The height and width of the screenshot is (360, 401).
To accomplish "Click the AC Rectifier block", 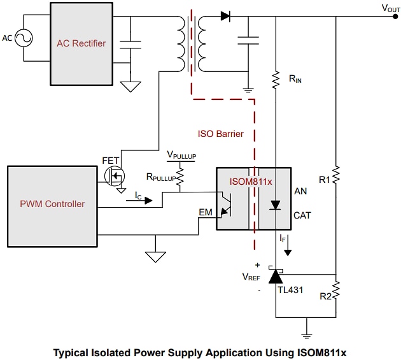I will tap(81, 44).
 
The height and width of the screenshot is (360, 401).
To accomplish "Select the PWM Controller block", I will tap(53, 204).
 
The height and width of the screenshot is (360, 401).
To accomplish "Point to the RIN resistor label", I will tap(295, 78).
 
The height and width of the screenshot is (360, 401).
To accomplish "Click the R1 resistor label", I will tap(325, 180).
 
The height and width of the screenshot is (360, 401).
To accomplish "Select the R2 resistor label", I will tap(325, 296).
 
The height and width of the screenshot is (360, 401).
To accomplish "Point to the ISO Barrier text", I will tap(221, 134).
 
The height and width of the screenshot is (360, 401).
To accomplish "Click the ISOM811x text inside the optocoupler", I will tap(251, 181).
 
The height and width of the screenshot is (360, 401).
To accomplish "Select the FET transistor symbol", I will tap(116, 175).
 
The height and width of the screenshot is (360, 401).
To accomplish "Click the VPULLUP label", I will tap(181, 155).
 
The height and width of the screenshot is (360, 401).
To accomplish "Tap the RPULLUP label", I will tap(160, 178).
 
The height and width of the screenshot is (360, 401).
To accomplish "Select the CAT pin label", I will tap(302, 215).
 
